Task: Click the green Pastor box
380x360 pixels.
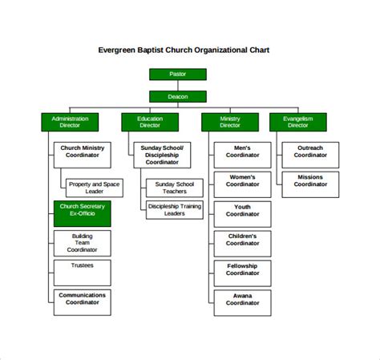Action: [177, 75]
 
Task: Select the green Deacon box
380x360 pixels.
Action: [177, 96]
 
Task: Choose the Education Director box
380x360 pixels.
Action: [150, 122]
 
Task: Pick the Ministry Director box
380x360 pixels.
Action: [230, 122]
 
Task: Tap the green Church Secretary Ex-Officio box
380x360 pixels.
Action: [82, 213]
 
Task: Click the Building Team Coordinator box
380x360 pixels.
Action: [82, 243]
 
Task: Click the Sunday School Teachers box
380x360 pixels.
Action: [174, 188]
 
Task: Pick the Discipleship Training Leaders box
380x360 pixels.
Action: [174, 209]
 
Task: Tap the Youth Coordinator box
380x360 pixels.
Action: [242, 213]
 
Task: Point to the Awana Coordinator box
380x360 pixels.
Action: [242, 302]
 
